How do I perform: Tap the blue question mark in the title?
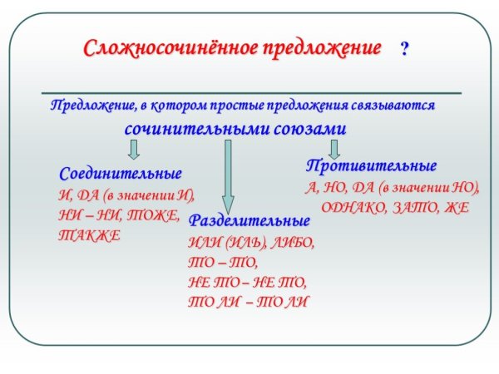[x=404, y=49]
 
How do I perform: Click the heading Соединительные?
[x=121, y=175]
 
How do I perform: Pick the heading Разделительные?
[x=249, y=222]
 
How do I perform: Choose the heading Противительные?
[x=371, y=165]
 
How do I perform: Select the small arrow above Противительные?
[x=334, y=148]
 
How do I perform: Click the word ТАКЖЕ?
[x=89, y=235]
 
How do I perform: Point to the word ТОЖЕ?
[x=156, y=215]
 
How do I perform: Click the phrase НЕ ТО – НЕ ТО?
[x=248, y=282]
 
